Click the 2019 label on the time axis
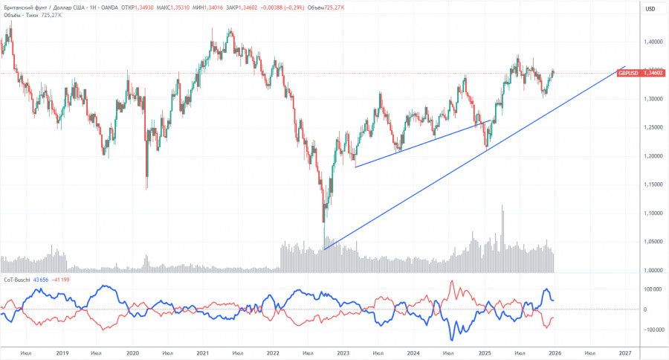point(62,353)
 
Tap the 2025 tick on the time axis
point(485,353)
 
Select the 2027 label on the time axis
point(624,353)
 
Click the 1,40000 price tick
point(653,42)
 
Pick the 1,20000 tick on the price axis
point(653,156)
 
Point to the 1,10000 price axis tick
point(653,213)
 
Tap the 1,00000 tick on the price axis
point(653,270)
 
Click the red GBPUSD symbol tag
point(629,74)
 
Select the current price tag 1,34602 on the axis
point(653,74)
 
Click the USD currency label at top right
point(650,9)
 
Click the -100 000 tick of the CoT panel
point(652,330)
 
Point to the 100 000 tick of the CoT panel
point(652,289)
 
